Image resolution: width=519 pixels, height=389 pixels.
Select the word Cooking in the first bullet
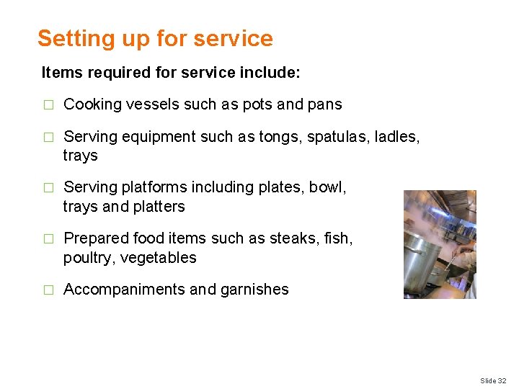pyautogui.click(x=93, y=104)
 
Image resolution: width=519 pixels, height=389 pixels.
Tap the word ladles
pyautogui.click(x=400, y=136)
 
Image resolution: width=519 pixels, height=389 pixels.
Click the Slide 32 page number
pyautogui.click(x=493, y=380)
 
